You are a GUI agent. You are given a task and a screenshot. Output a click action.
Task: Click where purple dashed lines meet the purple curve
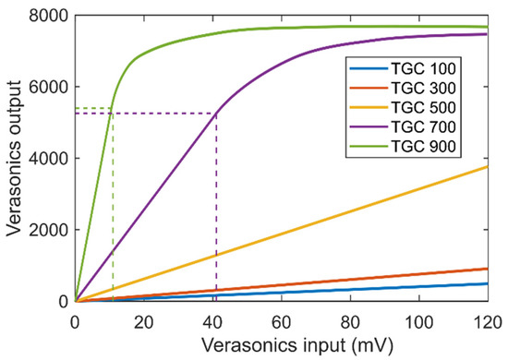pyautogui.click(x=216, y=114)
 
